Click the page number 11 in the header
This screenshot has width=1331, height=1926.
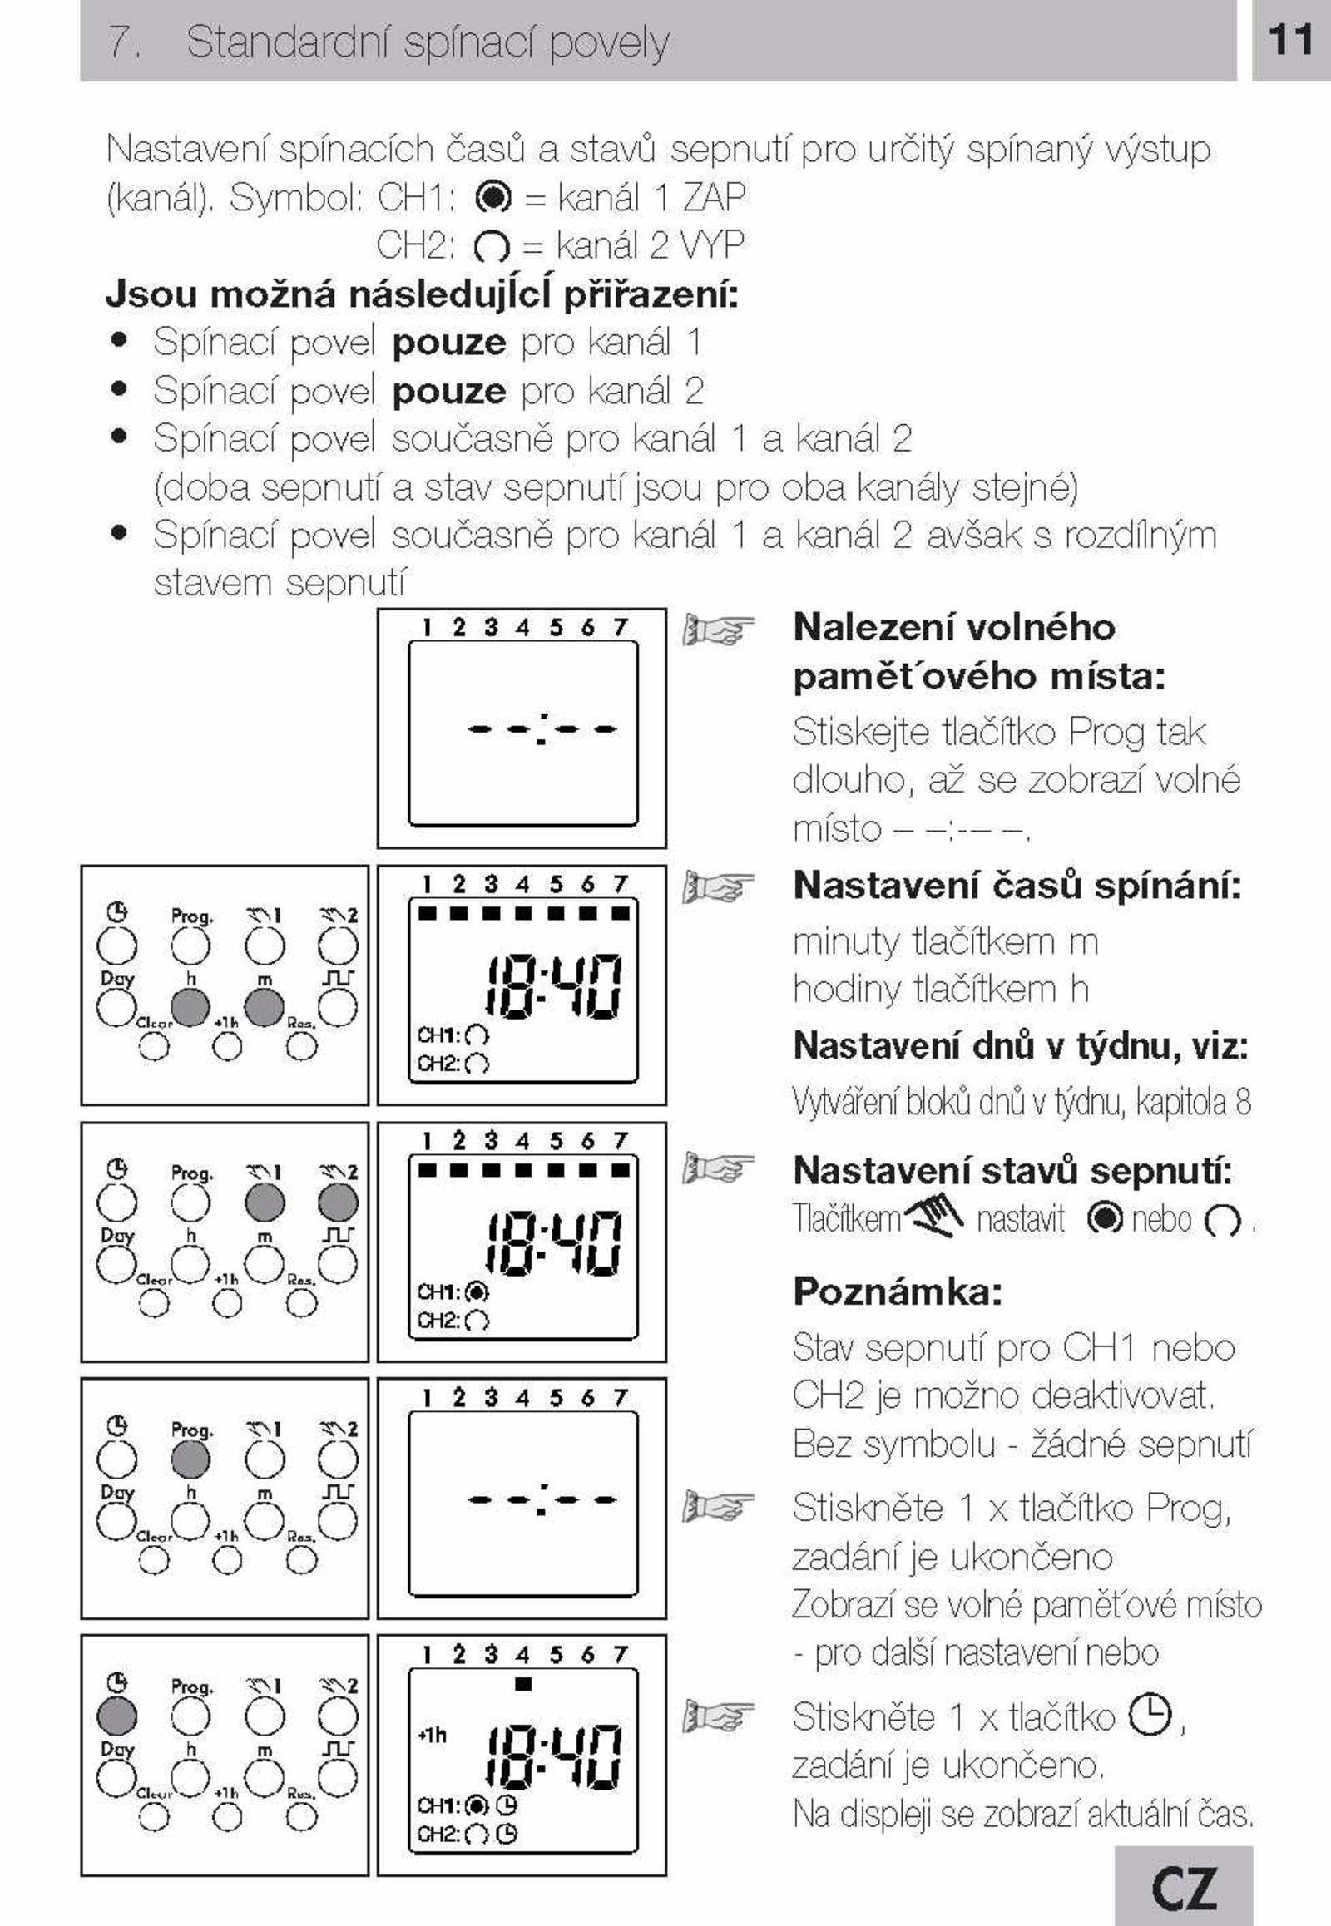(x=1290, y=40)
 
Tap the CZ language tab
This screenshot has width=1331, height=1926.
(x=1185, y=1887)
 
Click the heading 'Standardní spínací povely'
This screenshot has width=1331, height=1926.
(x=428, y=42)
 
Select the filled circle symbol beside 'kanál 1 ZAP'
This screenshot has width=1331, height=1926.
(x=492, y=198)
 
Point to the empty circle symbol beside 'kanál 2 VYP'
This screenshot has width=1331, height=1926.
(x=491, y=246)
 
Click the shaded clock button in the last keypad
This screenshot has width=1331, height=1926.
(x=116, y=1716)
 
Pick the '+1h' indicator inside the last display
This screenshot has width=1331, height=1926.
(x=432, y=1735)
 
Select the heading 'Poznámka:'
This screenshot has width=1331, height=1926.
(x=898, y=1291)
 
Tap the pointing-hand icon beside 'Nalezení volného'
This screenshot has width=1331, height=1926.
(x=718, y=630)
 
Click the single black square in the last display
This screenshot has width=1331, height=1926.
(x=523, y=1684)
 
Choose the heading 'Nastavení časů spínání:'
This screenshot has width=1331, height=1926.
(x=1017, y=886)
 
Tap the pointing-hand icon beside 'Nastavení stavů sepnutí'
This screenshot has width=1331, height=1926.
(x=718, y=1168)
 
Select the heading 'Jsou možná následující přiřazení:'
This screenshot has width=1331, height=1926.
(x=422, y=295)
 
